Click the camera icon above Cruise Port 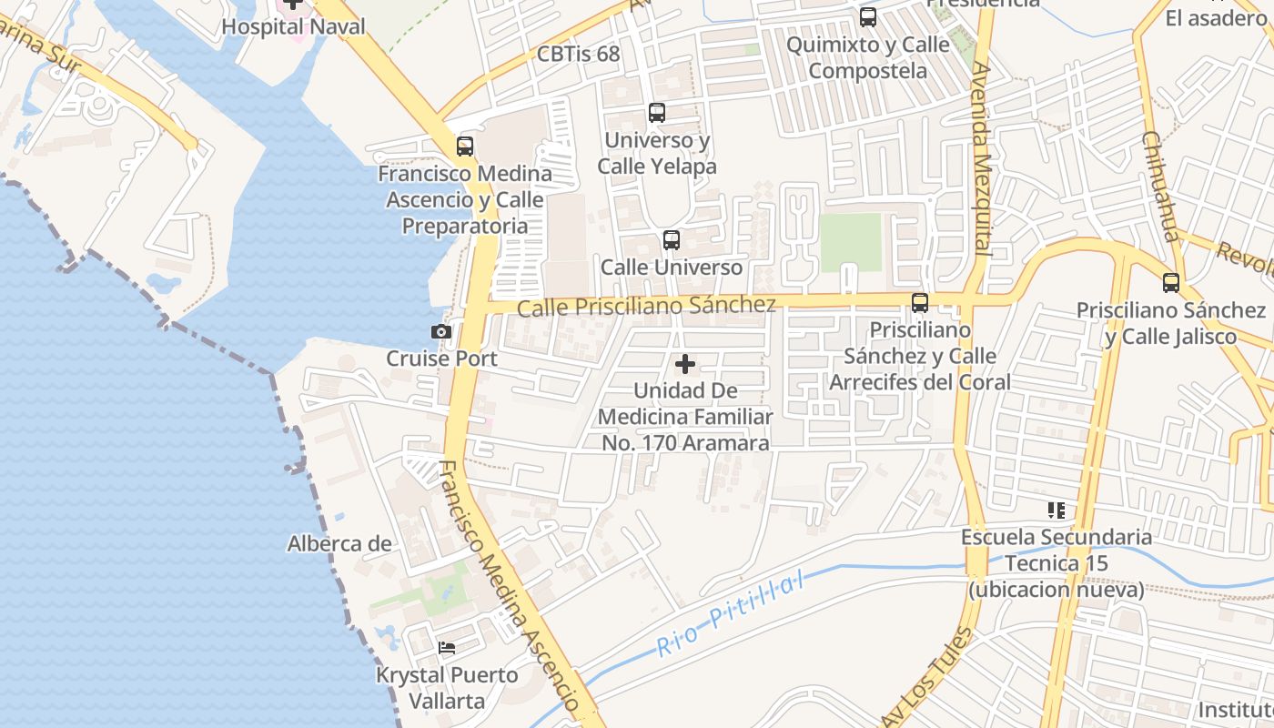click(441, 331)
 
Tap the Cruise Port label click(441, 359)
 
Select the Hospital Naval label click(293, 26)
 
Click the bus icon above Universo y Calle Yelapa click(657, 113)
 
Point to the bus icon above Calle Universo click(672, 240)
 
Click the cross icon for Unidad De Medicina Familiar click(685, 365)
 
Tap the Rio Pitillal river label click(732, 614)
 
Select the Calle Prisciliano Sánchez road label click(646, 306)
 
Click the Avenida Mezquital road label click(981, 159)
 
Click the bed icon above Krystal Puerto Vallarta click(447, 648)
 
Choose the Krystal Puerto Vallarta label click(447, 688)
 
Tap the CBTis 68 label click(578, 54)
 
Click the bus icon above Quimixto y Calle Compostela click(868, 17)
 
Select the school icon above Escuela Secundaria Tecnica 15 click(1056, 511)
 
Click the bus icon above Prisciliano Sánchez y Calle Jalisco click(1171, 283)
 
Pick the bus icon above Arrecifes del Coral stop click(920, 303)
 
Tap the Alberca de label click(339, 544)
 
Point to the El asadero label click(1215, 18)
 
